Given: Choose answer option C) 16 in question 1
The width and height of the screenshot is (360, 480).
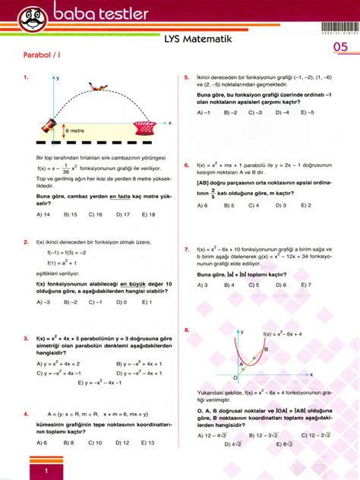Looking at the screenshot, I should pos(95,214).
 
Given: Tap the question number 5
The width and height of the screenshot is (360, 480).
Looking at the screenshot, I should pos(187,77).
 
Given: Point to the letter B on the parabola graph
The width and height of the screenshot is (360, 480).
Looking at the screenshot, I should pos(264,349).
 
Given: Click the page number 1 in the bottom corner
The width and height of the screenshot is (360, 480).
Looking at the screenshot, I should pos(47,472).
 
